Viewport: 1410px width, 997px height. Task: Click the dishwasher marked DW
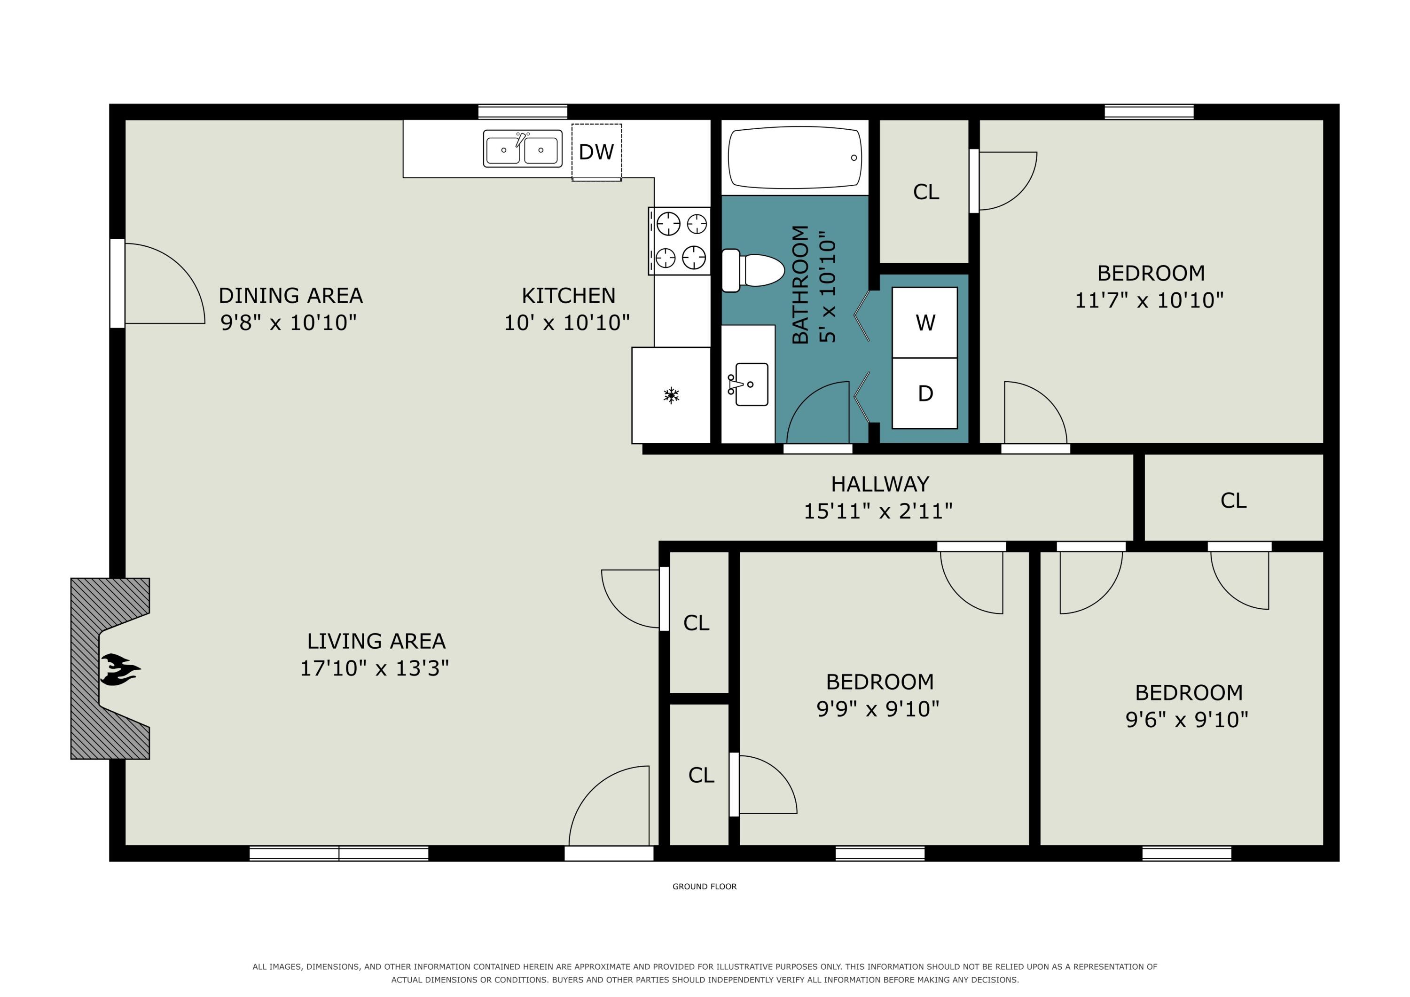click(x=596, y=152)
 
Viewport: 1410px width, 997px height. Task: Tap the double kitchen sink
click(x=522, y=149)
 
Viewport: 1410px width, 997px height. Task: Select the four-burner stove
click(x=679, y=241)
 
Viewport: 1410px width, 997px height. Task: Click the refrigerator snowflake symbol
click(x=671, y=396)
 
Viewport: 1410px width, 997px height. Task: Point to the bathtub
click(x=795, y=158)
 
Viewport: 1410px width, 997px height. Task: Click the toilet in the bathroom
click(x=753, y=270)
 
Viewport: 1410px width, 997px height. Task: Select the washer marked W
click(x=925, y=322)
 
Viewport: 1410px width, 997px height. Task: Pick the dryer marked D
click(x=925, y=393)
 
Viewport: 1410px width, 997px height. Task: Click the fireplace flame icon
click(x=120, y=669)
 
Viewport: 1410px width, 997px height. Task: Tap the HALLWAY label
click(x=879, y=484)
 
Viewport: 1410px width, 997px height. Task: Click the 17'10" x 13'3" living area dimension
click(x=374, y=668)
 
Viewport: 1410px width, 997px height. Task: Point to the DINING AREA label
click(x=290, y=296)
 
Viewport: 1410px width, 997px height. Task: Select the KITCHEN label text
click(x=568, y=296)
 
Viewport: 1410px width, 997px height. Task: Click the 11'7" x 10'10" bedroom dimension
click(x=1149, y=300)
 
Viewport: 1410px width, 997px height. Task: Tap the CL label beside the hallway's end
click(x=1233, y=501)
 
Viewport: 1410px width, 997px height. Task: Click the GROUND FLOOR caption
click(x=705, y=887)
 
